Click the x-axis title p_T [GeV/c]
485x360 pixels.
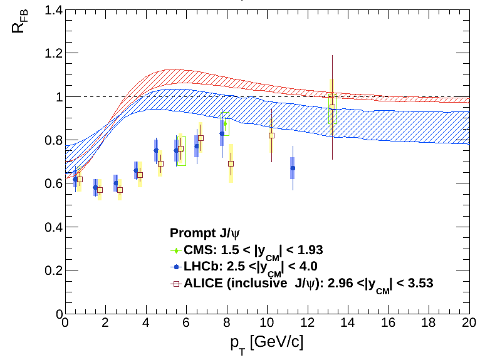coord(266,343)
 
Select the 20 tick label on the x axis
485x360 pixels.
coord(468,324)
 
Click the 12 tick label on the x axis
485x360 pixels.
coord(307,324)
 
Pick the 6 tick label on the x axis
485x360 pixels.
coord(186,324)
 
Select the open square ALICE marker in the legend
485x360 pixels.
coord(177,284)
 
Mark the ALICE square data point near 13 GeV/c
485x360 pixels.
coord(332,106)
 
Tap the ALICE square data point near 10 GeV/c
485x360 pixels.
coord(271,135)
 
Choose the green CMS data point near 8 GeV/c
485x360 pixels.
coord(225,123)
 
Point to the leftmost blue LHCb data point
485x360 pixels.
coord(75,179)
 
